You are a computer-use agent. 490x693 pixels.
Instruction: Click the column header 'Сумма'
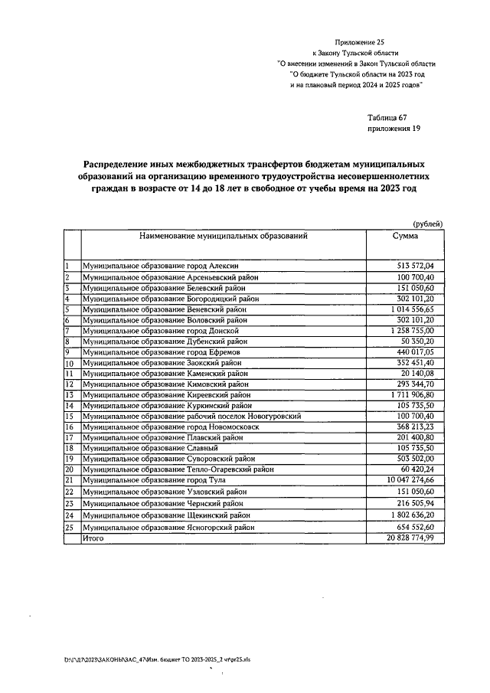click(x=405, y=237)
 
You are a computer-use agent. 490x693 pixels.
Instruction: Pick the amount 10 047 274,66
click(x=410, y=479)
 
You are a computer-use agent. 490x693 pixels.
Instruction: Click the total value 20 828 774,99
click(x=410, y=539)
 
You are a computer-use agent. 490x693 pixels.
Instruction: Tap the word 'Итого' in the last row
click(x=93, y=539)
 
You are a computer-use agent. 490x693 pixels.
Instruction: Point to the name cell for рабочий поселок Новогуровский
click(x=191, y=416)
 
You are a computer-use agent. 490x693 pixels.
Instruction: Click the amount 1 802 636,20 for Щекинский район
click(x=412, y=515)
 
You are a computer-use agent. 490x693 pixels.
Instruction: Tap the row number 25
click(x=68, y=528)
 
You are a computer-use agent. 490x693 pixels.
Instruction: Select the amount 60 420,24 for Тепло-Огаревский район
click(x=416, y=469)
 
